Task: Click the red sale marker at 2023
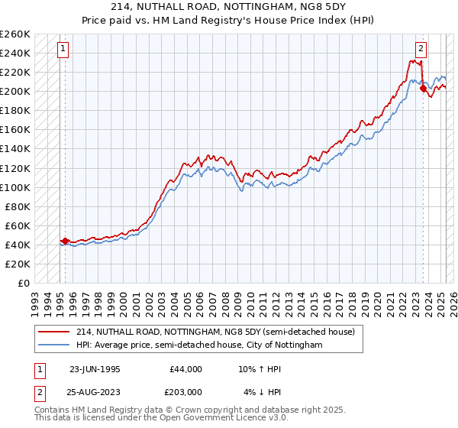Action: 424,89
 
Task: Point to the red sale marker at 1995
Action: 65,241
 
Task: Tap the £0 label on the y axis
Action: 24,283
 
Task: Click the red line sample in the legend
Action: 53,332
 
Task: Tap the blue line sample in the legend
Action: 53,345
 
